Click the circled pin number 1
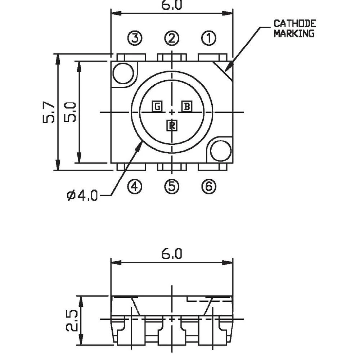(209, 38)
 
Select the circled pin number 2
(172, 38)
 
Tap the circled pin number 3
(135, 38)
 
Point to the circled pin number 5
(172, 186)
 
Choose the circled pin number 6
(209, 186)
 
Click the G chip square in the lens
(157, 107)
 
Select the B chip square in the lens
(187, 107)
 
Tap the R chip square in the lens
(172, 126)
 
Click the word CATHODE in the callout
(295, 24)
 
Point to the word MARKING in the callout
(294, 33)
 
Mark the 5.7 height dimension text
(49, 112)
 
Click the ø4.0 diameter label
(82, 196)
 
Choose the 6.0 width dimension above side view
(172, 254)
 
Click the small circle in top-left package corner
(123, 73)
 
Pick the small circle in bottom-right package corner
(221, 151)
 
